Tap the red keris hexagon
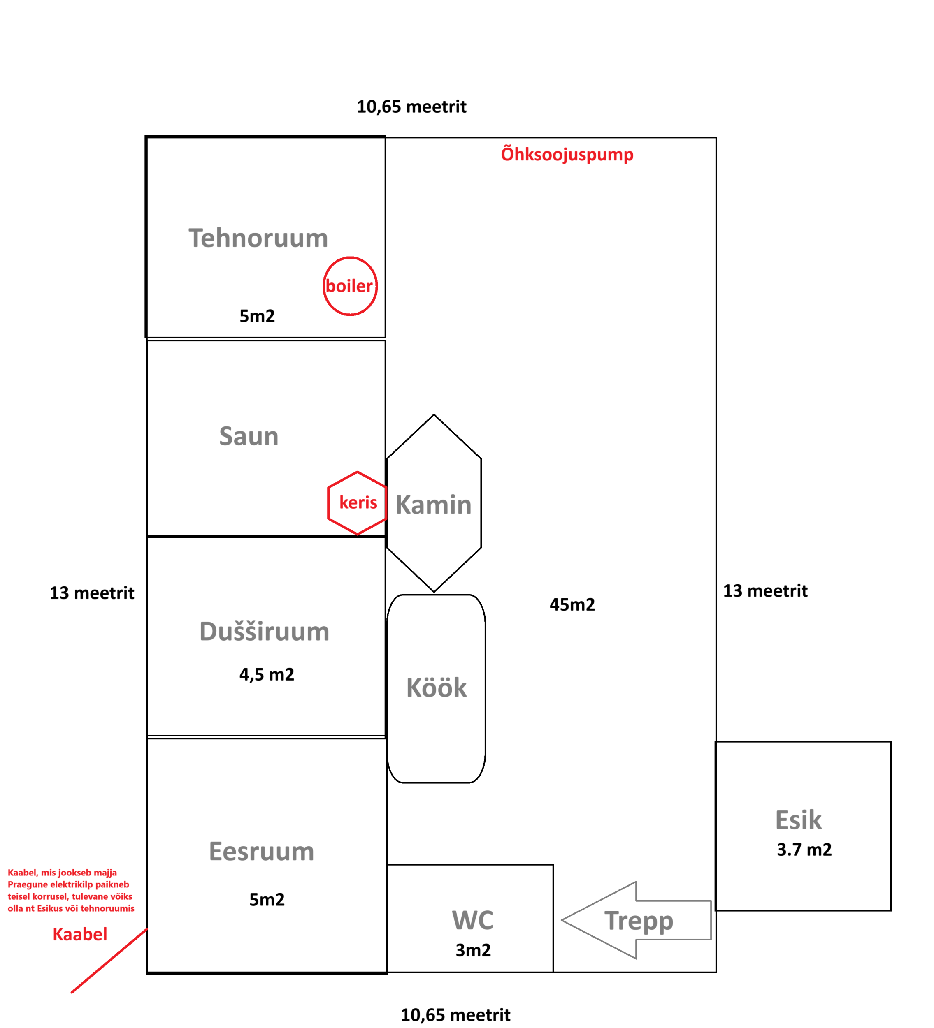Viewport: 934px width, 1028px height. tap(358, 503)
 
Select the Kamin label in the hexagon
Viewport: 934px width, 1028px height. tap(434, 505)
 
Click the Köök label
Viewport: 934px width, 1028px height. tap(436, 688)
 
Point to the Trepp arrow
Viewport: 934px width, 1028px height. tap(638, 920)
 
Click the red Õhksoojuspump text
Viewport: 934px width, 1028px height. tap(567, 155)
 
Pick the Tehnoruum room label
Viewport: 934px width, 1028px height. tap(258, 238)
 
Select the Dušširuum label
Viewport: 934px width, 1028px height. tap(264, 632)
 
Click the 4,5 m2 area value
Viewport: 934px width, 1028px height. tap(266, 675)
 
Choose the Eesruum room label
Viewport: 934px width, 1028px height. tap(261, 852)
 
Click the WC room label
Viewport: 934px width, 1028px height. tap(472, 920)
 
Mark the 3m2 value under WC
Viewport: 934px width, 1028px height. tap(473, 950)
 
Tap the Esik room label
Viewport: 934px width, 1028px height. tap(798, 820)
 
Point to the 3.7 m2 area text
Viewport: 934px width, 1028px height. tap(804, 850)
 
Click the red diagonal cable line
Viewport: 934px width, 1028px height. tap(109, 961)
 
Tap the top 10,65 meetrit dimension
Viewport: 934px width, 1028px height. tap(411, 107)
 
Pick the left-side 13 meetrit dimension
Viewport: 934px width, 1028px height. tap(92, 593)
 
